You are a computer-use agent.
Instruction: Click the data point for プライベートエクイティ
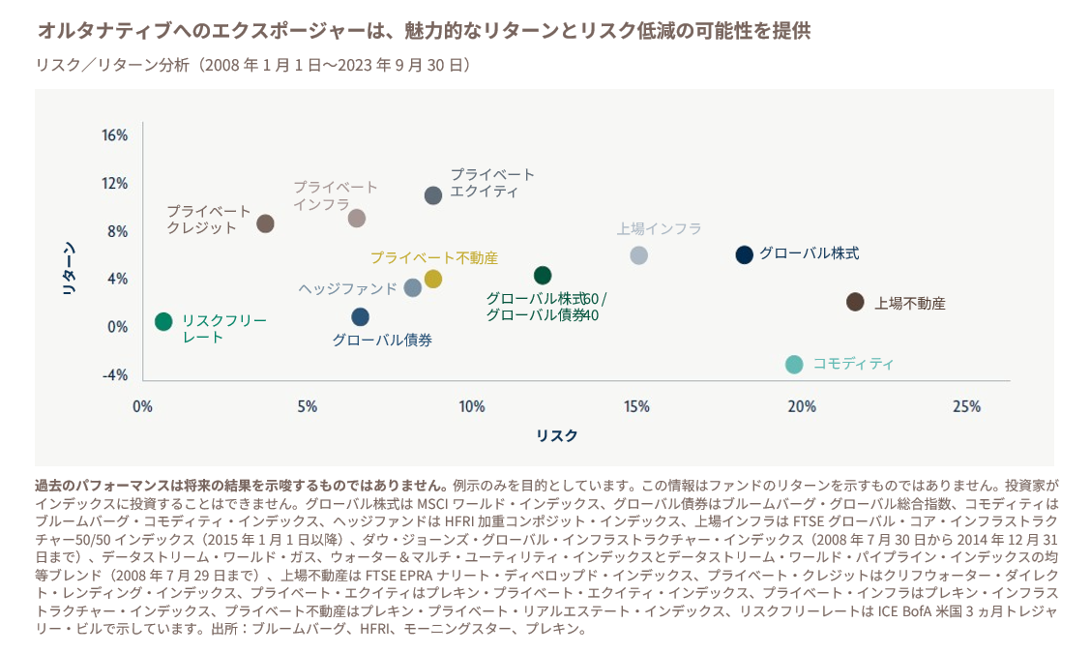[433, 195]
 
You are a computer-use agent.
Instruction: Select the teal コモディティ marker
[794, 365]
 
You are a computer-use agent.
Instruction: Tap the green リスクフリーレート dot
[163, 321]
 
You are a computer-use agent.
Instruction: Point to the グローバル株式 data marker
[744, 254]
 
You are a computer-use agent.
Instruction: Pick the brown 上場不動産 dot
[855, 302]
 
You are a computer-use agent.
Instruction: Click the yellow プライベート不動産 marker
[432, 279]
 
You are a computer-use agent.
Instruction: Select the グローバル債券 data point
[360, 316]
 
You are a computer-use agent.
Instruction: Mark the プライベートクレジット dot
[265, 223]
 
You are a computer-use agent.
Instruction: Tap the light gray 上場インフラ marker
[638, 255]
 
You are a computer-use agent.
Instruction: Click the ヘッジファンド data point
[413, 287]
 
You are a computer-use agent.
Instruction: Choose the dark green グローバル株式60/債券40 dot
[543, 276]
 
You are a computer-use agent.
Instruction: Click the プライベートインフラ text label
[336, 195]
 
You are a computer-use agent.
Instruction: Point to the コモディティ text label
[853, 364]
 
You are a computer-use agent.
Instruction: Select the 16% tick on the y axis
[115, 135]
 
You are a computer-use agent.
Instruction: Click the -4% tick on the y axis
[115, 374]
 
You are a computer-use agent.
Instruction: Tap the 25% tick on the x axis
[966, 406]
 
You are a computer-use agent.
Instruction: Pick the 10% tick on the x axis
[472, 406]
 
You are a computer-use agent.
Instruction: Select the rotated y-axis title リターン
[69, 267]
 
